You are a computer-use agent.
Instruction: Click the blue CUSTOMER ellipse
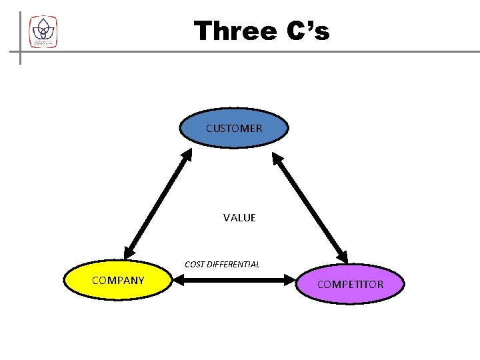pyautogui.click(x=234, y=128)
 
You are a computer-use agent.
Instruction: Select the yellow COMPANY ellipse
pyautogui.click(x=118, y=281)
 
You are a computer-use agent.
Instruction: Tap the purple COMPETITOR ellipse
pyautogui.click(x=350, y=285)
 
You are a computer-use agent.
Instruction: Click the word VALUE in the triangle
pyautogui.click(x=239, y=218)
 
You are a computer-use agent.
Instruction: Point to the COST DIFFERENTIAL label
pyautogui.click(x=222, y=264)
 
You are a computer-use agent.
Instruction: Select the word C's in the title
pyautogui.click(x=309, y=31)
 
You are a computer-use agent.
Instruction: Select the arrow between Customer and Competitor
pyautogui.click(x=310, y=207)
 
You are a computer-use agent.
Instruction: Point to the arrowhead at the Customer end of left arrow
pyautogui.click(x=187, y=156)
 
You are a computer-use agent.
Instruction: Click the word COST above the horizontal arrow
pyautogui.click(x=195, y=264)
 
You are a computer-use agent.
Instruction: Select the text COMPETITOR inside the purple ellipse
pyautogui.click(x=350, y=285)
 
